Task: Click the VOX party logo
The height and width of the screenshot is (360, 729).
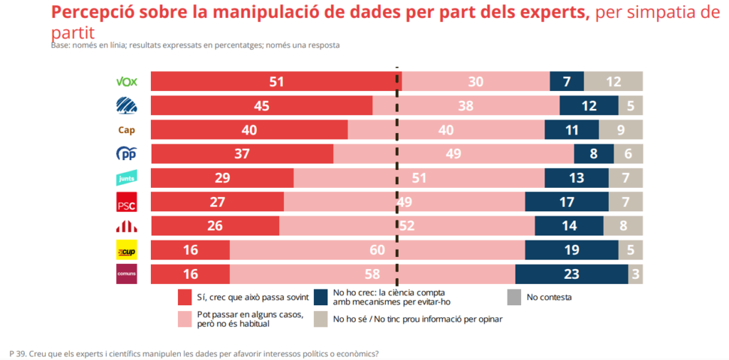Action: click(126, 81)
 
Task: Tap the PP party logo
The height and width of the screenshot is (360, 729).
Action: click(126, 154)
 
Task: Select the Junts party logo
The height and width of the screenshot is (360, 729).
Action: click(126, 178)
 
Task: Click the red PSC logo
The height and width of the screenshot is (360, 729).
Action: click(126, 202)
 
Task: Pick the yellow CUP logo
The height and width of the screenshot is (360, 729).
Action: click(126, 250)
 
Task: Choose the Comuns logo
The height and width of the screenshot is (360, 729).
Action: click(126, 274)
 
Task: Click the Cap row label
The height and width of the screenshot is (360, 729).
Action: click(126, 129)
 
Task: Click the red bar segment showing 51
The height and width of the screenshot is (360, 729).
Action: click(276, 81)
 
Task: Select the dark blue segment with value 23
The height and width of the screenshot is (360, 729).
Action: click(571, 274)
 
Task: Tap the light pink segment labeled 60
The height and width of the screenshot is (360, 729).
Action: click(377, 250)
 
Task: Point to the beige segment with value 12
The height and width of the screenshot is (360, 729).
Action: click(613, 81)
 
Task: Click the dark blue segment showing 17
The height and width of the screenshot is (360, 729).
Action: click(567, 202)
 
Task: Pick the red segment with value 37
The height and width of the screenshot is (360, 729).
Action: click(242, 154)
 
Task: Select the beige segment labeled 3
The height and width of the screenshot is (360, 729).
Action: click(635, 274)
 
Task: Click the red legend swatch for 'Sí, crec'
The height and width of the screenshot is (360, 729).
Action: click(184, 297)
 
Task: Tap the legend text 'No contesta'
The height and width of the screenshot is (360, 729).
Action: click(548, 297)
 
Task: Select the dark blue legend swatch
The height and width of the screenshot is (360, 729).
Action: click(320, 297)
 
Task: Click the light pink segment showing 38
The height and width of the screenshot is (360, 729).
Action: click(466, 105)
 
